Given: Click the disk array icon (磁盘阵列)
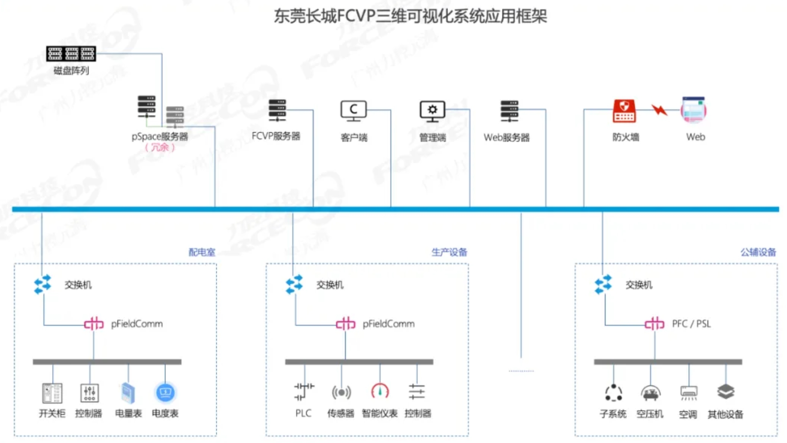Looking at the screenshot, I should point(71,53).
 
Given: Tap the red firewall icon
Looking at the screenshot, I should point(624,111).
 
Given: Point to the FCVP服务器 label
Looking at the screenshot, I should point(276,136).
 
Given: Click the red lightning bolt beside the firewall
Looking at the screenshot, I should point(659,110).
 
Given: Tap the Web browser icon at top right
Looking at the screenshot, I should point(693,110).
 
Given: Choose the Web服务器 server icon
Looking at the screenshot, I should point(509,111).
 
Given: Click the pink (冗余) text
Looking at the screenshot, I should point(159,148).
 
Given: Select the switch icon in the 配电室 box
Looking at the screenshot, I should point(43,285).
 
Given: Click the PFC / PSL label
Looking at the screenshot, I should point(691,324).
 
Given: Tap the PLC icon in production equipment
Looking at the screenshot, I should point(304,392).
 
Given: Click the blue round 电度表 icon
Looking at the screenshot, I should point(165,392).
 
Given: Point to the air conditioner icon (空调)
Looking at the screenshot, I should point(689,392).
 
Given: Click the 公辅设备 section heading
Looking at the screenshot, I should point(758,252).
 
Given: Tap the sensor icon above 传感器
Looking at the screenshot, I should point(341,392).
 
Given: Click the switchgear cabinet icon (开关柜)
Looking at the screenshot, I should point(52,393).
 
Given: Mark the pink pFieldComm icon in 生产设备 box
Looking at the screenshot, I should point(345,324).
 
